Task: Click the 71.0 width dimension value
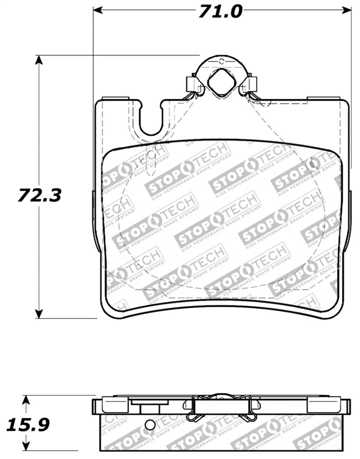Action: pyautogui.click(x=220, y=10)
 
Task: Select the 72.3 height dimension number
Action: pyautogui.click(x=39, y=194)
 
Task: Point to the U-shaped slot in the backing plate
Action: pyautogui.click(x=151, y=119)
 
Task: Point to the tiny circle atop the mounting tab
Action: pyautogui.click(x=220, y=60)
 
